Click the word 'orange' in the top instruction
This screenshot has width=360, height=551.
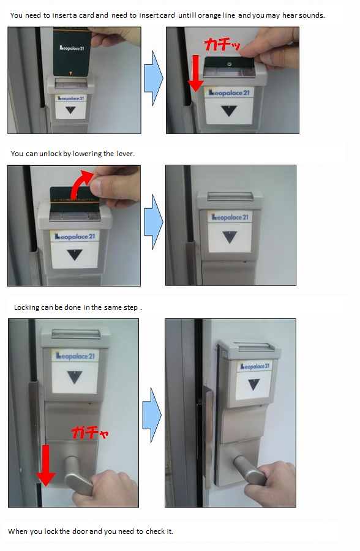(x=209, y=16)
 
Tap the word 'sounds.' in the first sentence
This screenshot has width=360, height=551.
(x=312, y=15)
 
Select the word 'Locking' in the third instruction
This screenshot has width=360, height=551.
(x=26, y=307)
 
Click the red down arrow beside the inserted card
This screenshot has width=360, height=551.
(x=195, y=73)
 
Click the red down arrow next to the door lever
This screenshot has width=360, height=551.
(x=46, y=465)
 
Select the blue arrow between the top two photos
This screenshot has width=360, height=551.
(x=154, y=78)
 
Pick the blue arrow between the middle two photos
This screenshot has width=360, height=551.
(x=154, y=222)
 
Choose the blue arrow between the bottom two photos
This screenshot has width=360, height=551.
(x=152, y=415)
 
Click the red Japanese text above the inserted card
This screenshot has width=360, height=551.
(x=222, y=45)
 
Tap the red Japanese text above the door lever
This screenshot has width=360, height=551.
(x=90, y=432)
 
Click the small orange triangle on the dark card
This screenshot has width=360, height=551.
(x=70, y=73)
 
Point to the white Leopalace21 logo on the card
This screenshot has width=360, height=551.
(x=72, y=48)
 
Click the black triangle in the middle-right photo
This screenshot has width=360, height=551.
(x=230, y=237)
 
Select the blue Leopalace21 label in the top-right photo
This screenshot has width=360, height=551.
(x=229, y=93)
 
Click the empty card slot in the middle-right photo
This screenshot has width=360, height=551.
(x=230, y=197)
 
